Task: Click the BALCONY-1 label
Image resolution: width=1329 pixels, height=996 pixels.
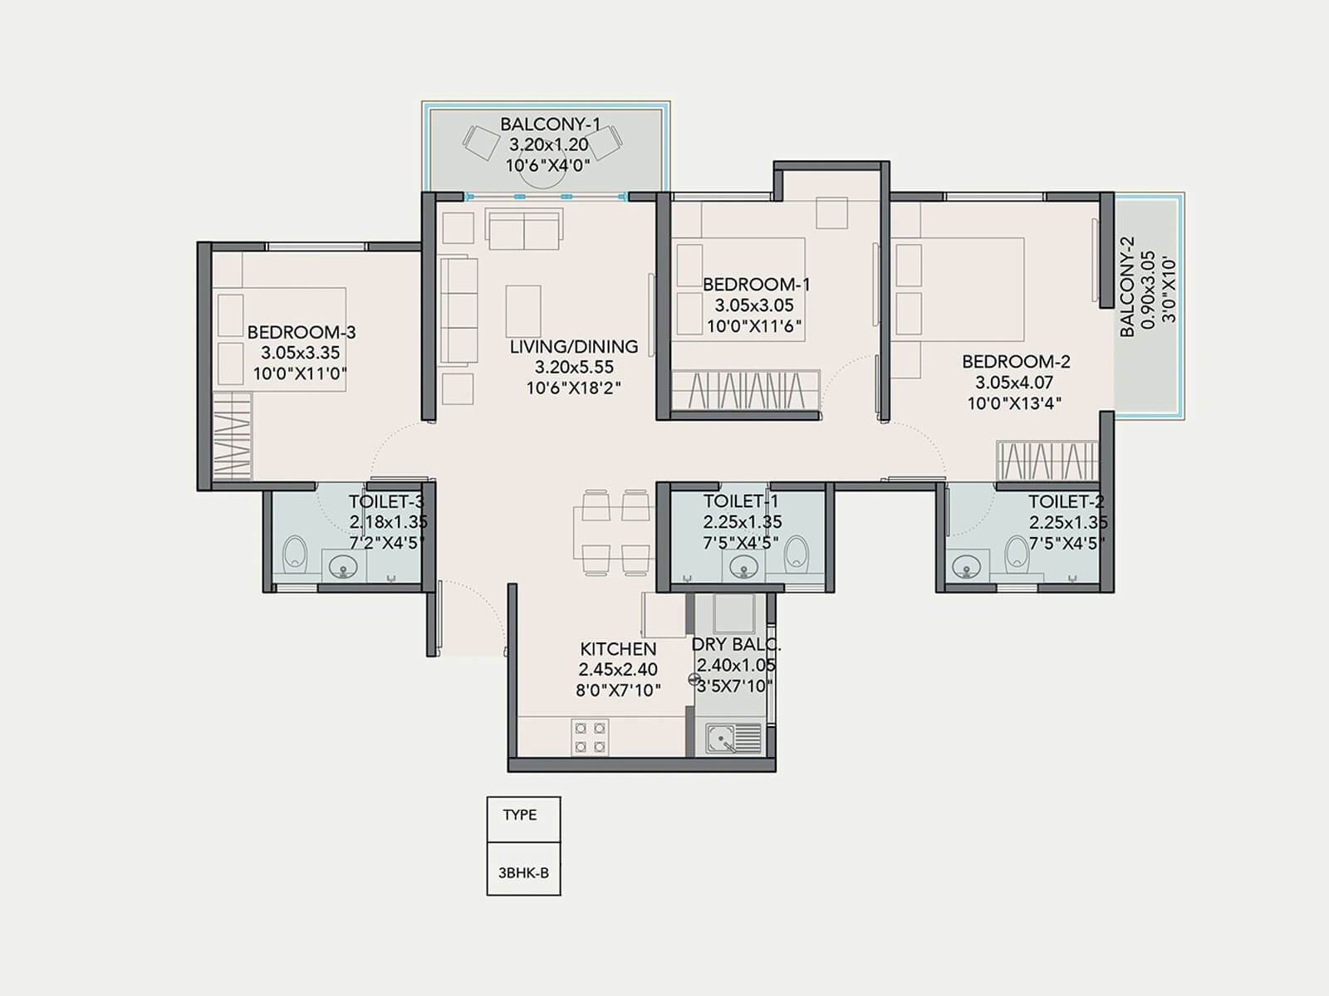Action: (550, 124)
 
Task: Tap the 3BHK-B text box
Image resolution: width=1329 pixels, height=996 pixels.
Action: (523, 873)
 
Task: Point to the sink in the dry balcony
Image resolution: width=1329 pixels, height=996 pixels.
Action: (733, 738)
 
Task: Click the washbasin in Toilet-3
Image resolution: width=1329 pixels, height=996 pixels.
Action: (343, 568)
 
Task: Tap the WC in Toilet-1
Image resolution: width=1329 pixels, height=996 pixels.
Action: (797, 551)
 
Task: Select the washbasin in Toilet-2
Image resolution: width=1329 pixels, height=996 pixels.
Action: (965, 568)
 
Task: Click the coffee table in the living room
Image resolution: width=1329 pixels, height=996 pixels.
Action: (523, 311)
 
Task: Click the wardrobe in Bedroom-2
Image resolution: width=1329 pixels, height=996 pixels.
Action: (1047, 461)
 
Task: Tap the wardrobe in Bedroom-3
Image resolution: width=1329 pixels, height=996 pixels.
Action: (233, 436)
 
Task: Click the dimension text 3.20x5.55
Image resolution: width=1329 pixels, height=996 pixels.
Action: (574, 368)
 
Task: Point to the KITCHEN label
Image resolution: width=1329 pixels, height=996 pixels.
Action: (618, 649)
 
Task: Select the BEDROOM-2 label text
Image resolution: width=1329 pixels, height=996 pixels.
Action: (1016, 362)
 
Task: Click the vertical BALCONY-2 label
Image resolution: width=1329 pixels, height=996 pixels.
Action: (1127, 287)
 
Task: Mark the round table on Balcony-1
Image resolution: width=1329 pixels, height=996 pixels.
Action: (543, 174)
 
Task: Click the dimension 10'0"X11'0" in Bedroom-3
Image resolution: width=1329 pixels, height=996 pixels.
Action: (299, 374)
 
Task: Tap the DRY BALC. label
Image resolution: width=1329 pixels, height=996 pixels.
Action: (736, 644)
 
